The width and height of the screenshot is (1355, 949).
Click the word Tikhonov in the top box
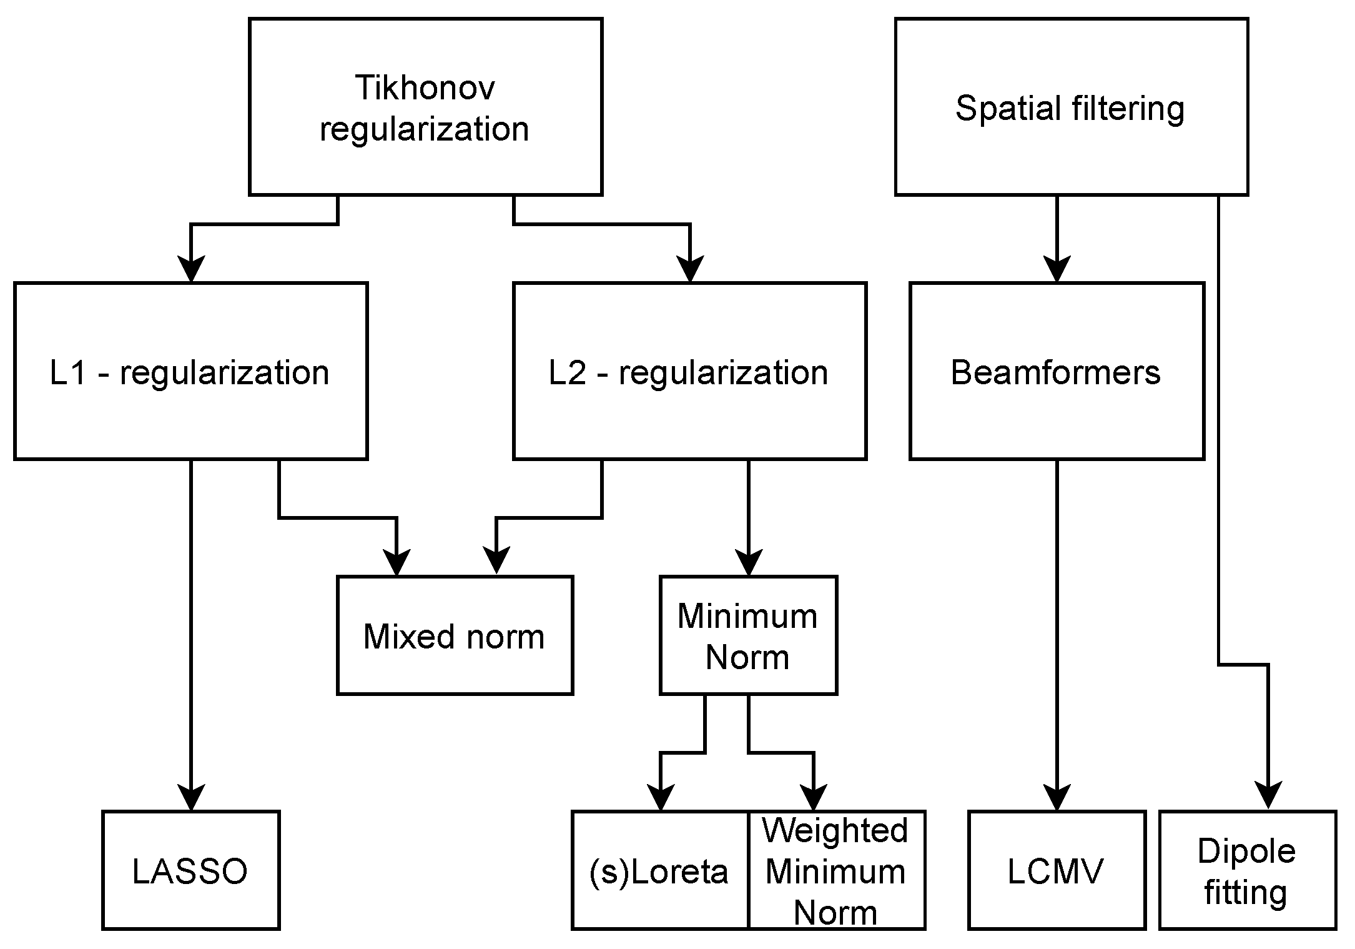(x=425, y=87)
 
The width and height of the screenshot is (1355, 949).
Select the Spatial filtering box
(x=1071, y=107)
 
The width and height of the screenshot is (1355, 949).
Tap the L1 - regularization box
(x=190, y=371)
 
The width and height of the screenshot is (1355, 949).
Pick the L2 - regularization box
(x=689, y=371)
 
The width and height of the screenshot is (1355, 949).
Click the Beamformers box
(x=1056, y=371)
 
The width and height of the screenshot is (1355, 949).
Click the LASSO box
(x=190, y=870)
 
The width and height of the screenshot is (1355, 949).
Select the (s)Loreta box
(x=659, y=870)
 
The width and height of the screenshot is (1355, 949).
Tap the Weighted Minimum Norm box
(x=836, y=870)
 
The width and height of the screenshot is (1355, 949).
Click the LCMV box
(x=1056, y=870)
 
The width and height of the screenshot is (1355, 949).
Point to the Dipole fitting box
(x=1247, y=870)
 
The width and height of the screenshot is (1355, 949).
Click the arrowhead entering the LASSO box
(x=190, y=797)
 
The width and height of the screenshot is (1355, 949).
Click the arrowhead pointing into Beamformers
(x=1057, y=269)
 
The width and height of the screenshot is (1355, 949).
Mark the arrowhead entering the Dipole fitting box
(x=1268, y=797)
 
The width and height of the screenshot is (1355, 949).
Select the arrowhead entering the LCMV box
(x=1057, y=797)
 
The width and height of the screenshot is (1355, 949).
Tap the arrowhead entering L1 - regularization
(x=190, y=269)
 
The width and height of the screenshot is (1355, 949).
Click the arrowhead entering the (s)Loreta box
(x=660, y=797)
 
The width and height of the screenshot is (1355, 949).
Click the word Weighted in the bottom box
(x=835, y=830)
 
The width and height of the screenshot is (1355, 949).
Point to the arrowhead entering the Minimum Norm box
(x=748, y=562)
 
